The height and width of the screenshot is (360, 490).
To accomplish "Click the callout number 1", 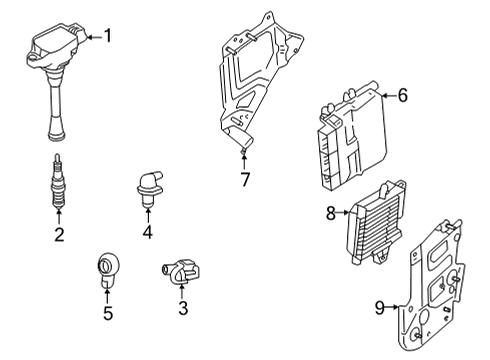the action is coord(108,36).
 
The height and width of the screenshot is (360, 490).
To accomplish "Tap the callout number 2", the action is coord(59,235).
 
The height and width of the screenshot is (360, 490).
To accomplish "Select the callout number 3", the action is coord(183,308).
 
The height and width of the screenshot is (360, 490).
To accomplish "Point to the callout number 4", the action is coord(148,232).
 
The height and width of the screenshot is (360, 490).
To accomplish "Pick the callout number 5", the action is coord(108,313).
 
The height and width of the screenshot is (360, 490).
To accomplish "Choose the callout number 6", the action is coord(403,95).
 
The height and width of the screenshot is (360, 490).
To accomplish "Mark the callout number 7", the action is coord(245,179).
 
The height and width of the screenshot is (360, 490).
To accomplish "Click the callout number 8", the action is coord(331,213).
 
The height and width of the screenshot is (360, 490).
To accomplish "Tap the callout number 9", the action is coord(380,308).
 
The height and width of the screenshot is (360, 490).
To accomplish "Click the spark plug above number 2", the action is coord(58,181).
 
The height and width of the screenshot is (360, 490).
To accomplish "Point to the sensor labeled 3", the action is coord(181,272).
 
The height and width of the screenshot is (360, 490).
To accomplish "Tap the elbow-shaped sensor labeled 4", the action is coord(149,189).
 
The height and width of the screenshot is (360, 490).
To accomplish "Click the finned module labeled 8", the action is coord(376,223).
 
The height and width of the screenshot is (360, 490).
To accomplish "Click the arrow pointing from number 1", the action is coord(94,37).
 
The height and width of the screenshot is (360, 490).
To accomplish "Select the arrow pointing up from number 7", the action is coord(244,160).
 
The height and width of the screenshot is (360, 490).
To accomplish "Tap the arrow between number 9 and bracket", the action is coord(392,307).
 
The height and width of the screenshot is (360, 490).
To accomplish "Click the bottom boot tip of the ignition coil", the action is coord(57,137).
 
